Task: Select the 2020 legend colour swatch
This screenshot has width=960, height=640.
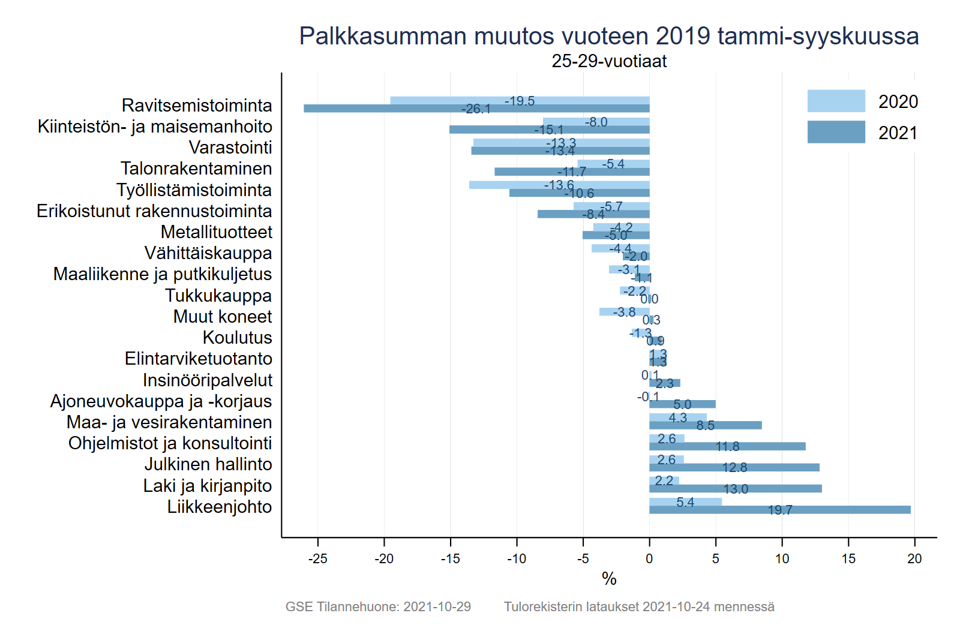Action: coord(836,101)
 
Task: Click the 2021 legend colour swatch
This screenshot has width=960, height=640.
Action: coord(836,132)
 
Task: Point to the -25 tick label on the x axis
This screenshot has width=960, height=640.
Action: coord(317,559)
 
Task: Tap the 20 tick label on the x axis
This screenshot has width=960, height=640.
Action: coord(914,559)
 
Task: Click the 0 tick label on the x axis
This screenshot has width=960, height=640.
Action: coord(649,559)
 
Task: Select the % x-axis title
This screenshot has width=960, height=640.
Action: coord(609,579)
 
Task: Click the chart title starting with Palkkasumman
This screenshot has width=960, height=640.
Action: coord(609,36)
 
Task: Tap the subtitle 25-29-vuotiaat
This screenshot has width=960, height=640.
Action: coord(609,61)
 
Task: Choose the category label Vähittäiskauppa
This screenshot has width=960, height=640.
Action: coord(208,253)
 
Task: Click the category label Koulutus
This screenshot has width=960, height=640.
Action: coord(237,338)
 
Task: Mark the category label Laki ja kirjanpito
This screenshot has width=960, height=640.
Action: coord(207,486)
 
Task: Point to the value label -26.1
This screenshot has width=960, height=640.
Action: coord(476,109)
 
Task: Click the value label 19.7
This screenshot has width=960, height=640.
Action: coord(780,510)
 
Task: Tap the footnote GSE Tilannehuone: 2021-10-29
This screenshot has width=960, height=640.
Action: coord(378,607)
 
